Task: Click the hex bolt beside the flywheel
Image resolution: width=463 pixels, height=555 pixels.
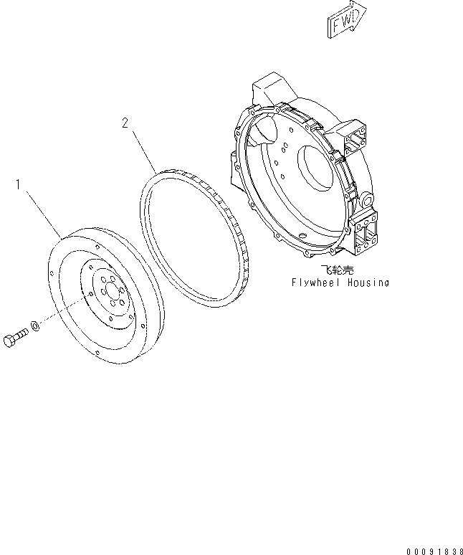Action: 16,338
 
